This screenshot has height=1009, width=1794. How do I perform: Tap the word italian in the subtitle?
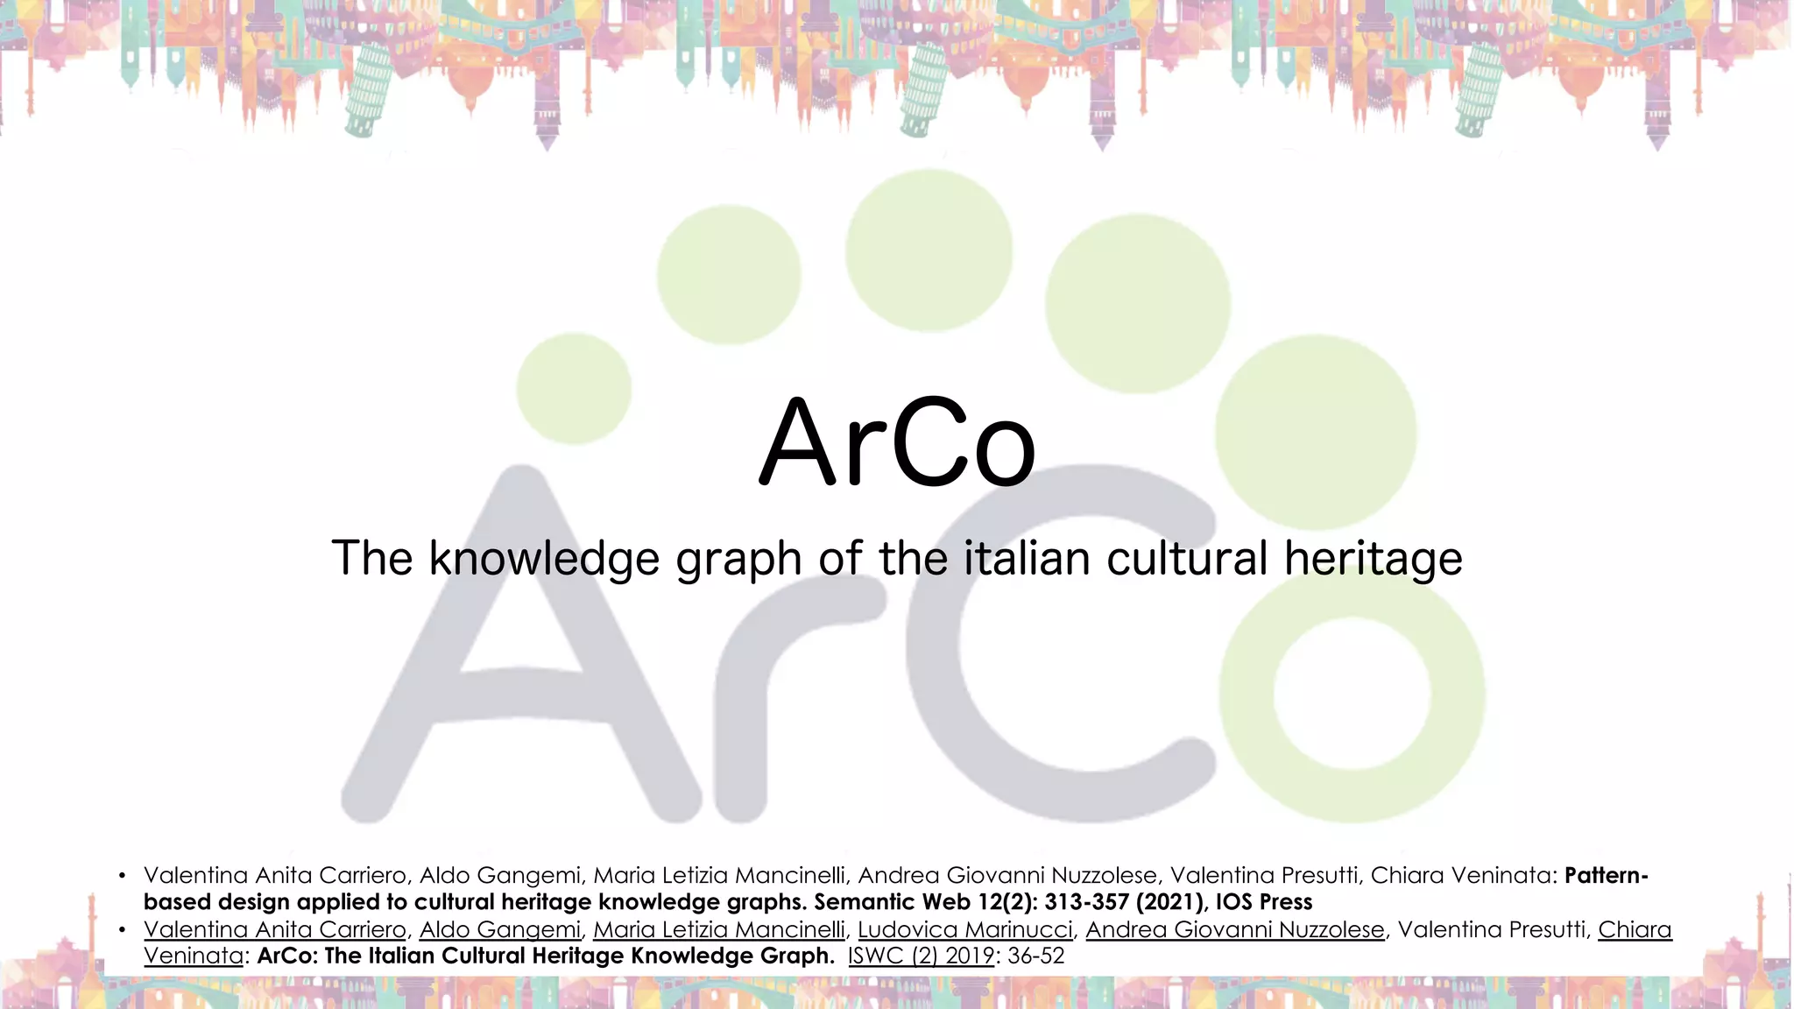coord(1028,558)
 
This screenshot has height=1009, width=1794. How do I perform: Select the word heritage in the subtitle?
coord(1373,559)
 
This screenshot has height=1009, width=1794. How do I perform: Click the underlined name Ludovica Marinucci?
coord(964,929)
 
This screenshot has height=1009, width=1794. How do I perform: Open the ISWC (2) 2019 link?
coord(921,956)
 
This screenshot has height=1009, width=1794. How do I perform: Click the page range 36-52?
coord(1036,956)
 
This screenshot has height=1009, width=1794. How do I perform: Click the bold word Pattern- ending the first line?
coord(1606,875)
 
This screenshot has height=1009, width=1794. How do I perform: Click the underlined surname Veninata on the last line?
coord(193,956)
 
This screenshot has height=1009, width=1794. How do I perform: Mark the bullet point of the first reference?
coord(123,875)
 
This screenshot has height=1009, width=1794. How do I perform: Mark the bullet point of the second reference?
coord(123,929)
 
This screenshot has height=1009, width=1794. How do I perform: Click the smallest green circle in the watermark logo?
coord(574,388)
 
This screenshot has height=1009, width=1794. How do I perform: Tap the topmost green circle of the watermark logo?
coord(929,250)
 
